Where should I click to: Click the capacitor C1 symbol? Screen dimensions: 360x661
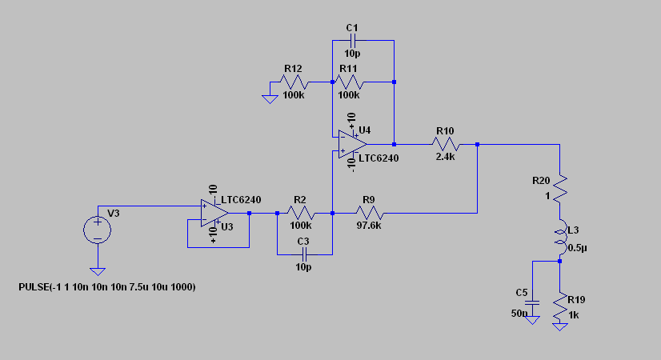(353, 41)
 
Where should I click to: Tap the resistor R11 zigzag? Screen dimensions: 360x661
(349, 82)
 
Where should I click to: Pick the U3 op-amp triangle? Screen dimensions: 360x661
(214, 214)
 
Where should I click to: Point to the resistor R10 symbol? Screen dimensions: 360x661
(445, 145)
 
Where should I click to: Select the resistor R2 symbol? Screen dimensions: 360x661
(302, 214)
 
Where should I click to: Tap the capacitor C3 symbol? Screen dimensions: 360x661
(302, 254)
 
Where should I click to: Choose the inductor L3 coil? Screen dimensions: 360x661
(559, 238)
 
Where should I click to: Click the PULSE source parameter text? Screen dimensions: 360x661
(107, 286)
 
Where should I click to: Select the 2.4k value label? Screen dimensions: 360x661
(445, 157)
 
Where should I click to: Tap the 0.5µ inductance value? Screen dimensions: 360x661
(576, 248)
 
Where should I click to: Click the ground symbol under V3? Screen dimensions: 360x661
(98, 271)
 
